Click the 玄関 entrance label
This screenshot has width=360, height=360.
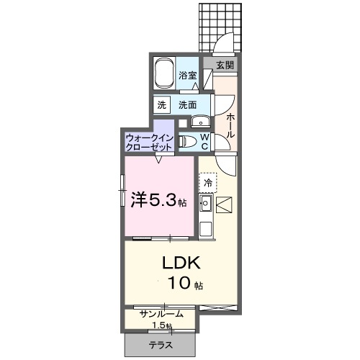pos(225,65)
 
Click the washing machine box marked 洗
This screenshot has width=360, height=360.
pos(162,104)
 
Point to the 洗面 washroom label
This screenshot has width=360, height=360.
pos(188,104)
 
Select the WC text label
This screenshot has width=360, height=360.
pos(204,140)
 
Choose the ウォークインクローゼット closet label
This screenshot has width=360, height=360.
pos(148,140)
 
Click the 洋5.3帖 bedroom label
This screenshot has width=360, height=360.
pos(158,200)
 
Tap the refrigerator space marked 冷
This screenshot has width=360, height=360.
pos(207,184)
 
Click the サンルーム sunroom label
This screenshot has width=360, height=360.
pos(161,314)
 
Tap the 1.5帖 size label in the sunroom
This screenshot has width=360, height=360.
pos(163,325)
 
